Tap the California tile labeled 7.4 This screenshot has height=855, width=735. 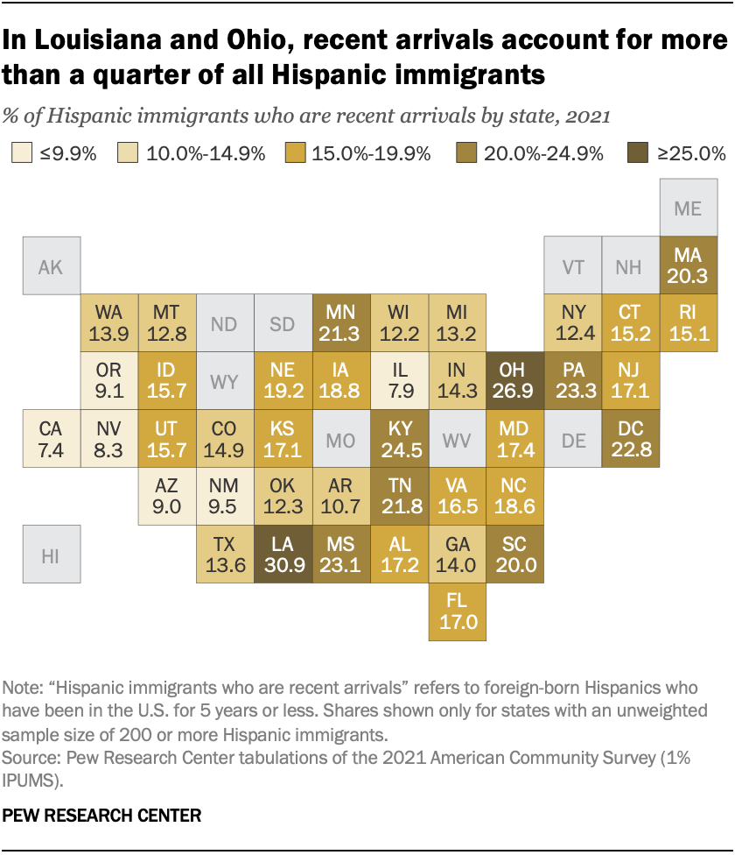[x=52, y=439]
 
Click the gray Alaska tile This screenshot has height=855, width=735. [x=52, y=266]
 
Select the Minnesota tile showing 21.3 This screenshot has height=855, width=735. [x=341, y=323]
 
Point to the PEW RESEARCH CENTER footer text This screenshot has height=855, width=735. [x=102, y=815]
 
